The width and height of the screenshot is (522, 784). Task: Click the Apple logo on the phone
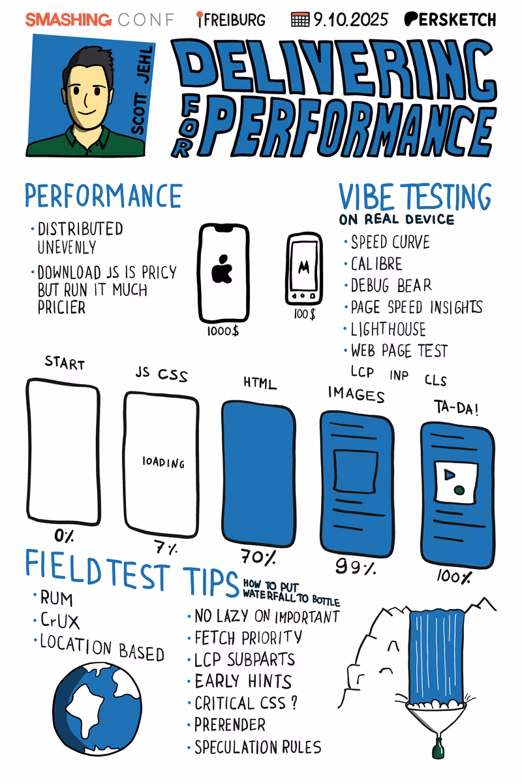coord(222,269)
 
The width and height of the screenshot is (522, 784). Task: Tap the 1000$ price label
coord(223,331)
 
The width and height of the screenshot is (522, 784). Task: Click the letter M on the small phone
coord(303,268)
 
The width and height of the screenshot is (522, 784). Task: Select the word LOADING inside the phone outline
coord(163,463)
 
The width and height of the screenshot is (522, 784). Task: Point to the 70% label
coord(258,557)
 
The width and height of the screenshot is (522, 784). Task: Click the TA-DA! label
coord(456,408)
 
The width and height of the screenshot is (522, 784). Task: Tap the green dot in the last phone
coord(459,489)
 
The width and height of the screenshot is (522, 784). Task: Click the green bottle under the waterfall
coord(438,748)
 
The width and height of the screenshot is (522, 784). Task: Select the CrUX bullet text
coord(60,621)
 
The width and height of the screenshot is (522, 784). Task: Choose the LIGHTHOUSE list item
coord(388,329)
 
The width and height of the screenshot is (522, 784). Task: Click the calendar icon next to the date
coord(300,20)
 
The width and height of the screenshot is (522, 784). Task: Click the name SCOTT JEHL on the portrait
coord(142,90)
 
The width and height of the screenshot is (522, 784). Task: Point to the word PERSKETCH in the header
coord(450,20)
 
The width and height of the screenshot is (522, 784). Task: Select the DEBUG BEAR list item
coord(391,286)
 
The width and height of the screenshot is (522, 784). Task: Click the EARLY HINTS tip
coord(243,681)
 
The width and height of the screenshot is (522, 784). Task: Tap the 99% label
coord(356,566)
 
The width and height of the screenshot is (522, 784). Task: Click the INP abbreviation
coord(399,375)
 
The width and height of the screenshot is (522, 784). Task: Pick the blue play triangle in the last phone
coord(450,474)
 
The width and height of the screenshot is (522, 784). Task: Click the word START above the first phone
coord(65,363)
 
